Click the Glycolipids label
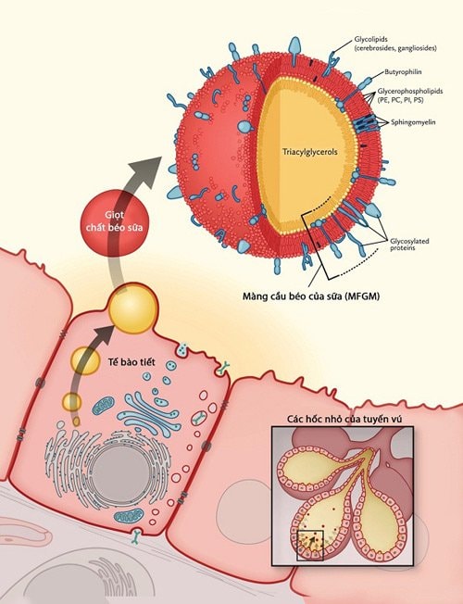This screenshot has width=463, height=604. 395,44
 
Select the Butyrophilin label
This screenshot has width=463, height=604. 403,71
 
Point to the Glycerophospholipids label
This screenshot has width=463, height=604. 410,92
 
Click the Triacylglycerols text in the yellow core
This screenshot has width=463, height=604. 309,152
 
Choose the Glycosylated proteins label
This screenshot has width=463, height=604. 409,245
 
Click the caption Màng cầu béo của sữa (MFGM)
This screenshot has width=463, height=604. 311,296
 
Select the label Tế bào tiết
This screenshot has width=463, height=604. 131,362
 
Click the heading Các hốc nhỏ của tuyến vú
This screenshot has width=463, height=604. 344,419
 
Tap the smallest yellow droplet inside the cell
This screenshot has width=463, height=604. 71,403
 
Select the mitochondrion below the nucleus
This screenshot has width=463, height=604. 130,515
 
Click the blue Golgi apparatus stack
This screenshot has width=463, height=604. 148,414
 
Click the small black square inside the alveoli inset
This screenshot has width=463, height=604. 310,546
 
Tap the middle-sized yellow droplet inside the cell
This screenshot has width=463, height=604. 85,360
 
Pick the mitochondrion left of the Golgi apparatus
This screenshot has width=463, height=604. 103,407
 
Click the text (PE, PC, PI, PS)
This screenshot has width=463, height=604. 402,100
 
